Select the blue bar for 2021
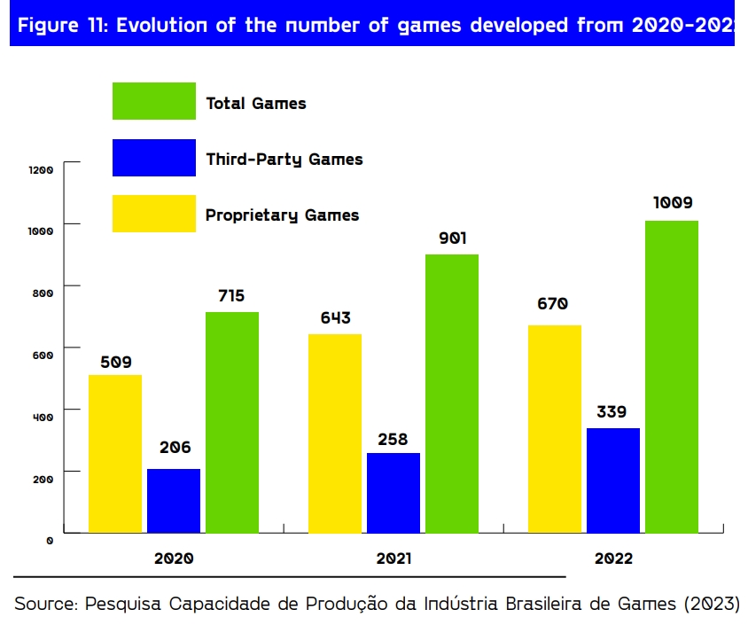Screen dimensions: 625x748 pyautogui.click(x=393, y=493)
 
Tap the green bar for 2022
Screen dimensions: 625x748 pyautogui.click(x=672, y=377)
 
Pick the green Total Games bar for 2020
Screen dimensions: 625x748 pyautogui.click(x=232, y=422)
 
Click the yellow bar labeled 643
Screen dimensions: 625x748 pyautogui.click(x=335, y=434)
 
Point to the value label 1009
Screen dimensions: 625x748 pyautogui.click(x=673, y=203)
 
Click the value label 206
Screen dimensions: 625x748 pyautogui.click(x=175, y=448)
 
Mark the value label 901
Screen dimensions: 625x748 pyautogui.click(x=452, y=238)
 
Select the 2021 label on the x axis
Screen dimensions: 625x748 pyautogui.click(x=393, y=559)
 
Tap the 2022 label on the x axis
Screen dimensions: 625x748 pyautogui.click(x=613, y=559)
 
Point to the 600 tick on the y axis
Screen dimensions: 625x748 pyautogui.click(x=44, y=355)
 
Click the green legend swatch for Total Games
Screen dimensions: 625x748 pyautogui.click(x=154, y=101)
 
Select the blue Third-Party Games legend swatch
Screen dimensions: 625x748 pyautogui.click(x=154, y=158)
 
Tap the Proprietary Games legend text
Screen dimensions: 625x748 pyautogui.click(x=282, y=215)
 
